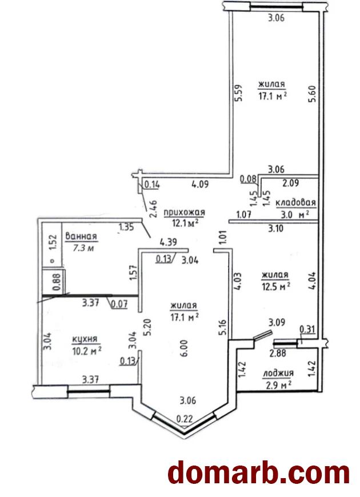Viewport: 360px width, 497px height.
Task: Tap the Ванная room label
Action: (81, 236)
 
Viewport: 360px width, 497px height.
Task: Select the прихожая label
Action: (184, 212)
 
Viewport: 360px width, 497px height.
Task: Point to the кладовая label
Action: (296, 202)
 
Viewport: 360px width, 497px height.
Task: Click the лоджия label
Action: (278, 373)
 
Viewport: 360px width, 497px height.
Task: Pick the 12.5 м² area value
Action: (276, 287)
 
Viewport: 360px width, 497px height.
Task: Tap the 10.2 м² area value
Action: (86, 351)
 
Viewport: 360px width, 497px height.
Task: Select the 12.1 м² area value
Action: (185, 223)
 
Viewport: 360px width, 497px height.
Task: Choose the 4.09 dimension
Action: (200, 184)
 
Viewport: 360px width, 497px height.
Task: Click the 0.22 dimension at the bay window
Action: (184, 419)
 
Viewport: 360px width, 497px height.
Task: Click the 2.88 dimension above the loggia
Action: (277, 353)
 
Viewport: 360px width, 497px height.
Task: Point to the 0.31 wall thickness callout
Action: (307, 329)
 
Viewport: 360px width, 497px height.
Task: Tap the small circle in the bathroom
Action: (53, 261)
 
